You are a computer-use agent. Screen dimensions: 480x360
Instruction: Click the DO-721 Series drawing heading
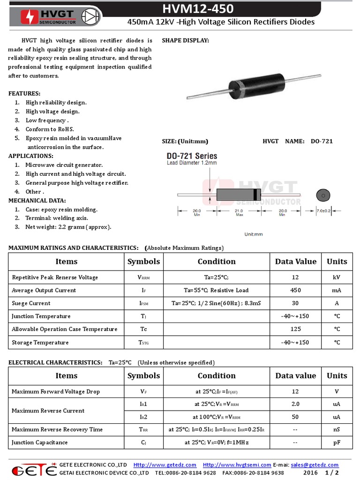(x=192, y=156)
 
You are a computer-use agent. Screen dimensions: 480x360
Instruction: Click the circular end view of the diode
(x=322, y=195)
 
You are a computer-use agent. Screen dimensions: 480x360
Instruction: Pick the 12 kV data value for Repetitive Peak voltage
(x=295, y=277)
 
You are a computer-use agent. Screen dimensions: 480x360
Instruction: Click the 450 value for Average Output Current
(x=295, y=290)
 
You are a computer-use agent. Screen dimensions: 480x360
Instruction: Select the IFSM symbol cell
(x=143, y=303)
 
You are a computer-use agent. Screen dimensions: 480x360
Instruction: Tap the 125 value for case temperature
(x=295, y=329)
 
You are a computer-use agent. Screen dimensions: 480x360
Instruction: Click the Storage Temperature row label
(x=40, y=342)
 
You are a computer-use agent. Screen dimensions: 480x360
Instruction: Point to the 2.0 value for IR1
(x=295, y=404)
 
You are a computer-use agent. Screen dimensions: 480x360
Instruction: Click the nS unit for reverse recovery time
(x=337, y=429)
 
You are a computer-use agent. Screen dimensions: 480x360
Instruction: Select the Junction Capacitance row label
(x=40, y=442)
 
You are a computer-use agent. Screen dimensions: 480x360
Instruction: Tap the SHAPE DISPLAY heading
(x=185, y=41)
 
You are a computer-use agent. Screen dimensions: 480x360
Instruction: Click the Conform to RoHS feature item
(x=50, y=129)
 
